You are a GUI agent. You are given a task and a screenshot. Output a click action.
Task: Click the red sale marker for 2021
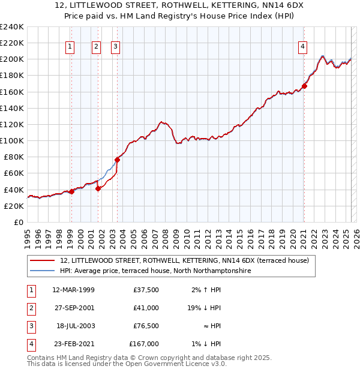tap(304, 86)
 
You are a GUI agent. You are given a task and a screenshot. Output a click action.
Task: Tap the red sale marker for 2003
tap(117, 160)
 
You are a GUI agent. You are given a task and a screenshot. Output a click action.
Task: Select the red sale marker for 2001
tap(98, 188)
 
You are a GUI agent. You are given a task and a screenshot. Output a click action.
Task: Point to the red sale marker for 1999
tap(71, 191)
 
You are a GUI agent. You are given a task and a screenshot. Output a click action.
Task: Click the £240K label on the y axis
tap(11, 27)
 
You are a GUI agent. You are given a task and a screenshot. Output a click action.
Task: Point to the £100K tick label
tap(11, 140)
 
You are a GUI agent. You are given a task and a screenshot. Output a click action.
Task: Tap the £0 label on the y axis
tap(18, 222)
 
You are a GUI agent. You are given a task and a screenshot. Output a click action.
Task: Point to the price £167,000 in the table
tap(144, 344)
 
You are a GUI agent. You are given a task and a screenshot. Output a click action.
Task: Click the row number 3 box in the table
tap(30, 326)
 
